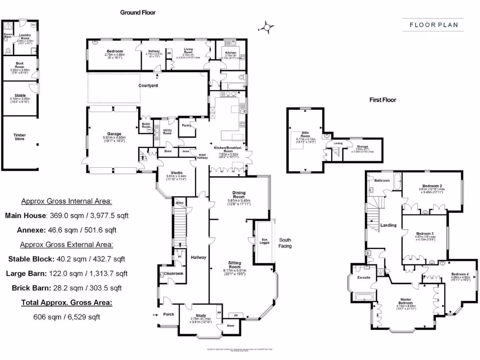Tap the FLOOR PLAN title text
click(434, 25)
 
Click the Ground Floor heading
click(138, 13)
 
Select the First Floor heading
click(382, 100)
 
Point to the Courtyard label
click(148, 86)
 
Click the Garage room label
click(111, 134)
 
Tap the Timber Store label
click(20, 137)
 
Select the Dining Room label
click(239, 195)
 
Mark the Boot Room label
click(19, 66)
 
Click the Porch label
click(168, 315)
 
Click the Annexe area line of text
click(60, 230)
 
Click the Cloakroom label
click(173, 273)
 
